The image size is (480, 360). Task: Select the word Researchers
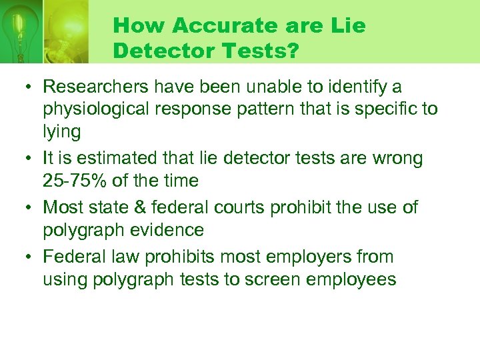(93, 87)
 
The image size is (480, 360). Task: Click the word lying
(61, 131)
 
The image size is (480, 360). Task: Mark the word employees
(357, 279)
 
